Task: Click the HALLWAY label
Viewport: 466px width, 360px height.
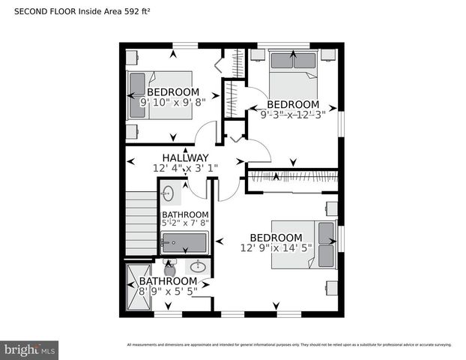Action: click(185, 157)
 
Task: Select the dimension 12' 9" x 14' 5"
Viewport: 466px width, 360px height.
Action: click(275, 247)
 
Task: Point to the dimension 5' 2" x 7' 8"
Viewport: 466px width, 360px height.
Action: click(185, 223)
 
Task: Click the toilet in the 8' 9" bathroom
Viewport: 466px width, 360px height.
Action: click(169, 268)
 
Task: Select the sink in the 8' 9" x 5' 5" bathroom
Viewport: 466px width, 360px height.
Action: click(199, 266)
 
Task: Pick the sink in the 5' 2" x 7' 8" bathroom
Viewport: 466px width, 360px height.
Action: click(168, 194)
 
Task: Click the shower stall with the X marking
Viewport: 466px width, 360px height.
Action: click(139, 286)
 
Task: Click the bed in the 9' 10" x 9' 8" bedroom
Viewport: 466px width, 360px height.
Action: click(160, 94)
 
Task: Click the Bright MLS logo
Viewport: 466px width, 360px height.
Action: click(29, 349)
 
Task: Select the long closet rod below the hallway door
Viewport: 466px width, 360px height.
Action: click(292, 178)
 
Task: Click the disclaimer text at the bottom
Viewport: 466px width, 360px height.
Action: click(288, 345)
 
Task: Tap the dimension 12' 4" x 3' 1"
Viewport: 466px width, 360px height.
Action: click(185, 169)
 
